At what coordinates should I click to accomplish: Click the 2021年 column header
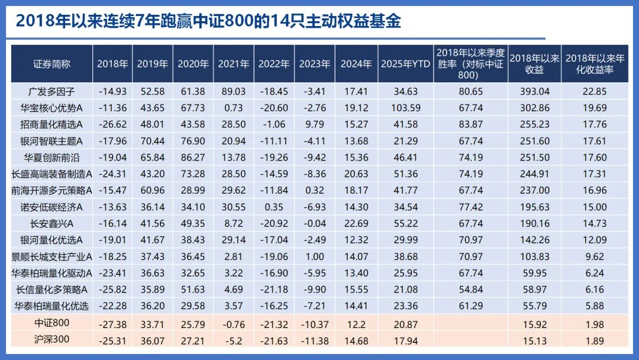(x=233, y=63)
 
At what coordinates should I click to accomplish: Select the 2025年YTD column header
(x=405, y=63)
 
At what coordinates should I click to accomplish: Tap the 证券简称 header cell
(x=52, y=63)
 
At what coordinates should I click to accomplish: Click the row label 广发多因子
(x=52, y=91)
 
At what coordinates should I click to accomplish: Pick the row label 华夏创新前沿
(x=52, y=157)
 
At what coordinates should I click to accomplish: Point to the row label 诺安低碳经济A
(x=52, y=207)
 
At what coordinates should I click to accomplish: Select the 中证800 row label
(x=52, y=324)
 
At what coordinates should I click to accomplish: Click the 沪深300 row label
(x=52, y=340)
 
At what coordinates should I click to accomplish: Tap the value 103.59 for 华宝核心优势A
(x=405, y=108)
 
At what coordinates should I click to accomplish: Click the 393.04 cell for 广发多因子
(x=534, y=91)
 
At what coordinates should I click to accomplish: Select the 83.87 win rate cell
(x=470, y=124)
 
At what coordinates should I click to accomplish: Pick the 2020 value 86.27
(x=193, y=157)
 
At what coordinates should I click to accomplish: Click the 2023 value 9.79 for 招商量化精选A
(x=314, y=124)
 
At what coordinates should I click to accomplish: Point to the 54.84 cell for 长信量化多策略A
(x=470, y=290)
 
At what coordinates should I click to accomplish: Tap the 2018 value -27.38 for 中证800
(x=112, y=324)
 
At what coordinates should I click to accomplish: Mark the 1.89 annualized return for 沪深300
(x=594, y=340)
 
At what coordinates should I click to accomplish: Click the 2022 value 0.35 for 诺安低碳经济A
(x=273, y=207)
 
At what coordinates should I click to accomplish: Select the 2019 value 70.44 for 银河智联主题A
(x=153, y=141)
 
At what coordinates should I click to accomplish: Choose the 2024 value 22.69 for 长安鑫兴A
(x=356, y=224)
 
